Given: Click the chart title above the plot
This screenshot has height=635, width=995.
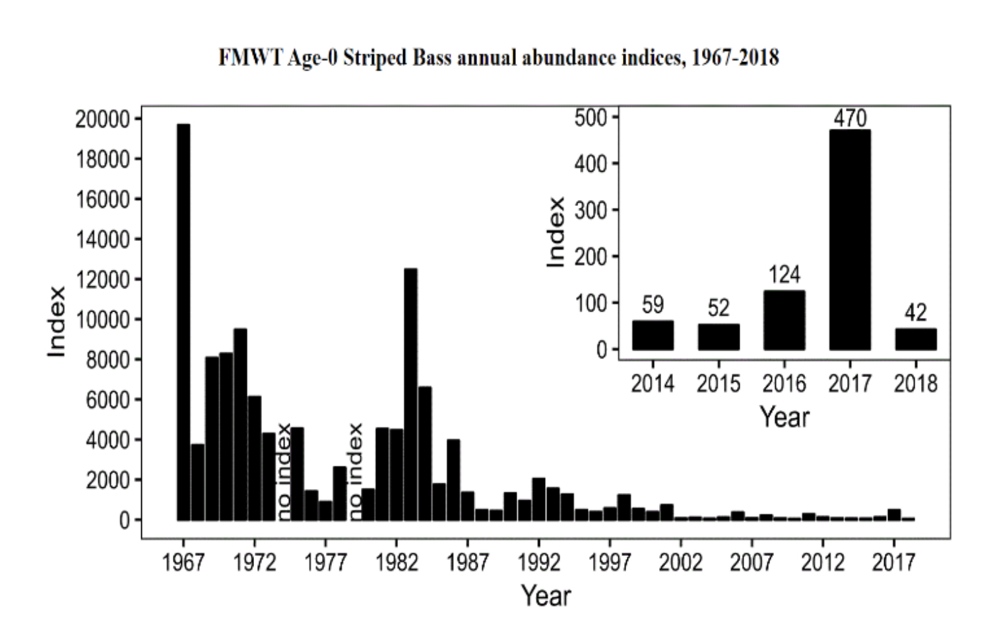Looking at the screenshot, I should coord(498,58).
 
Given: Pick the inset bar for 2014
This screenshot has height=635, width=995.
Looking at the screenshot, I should coord(653,335).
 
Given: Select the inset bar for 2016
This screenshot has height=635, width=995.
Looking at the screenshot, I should coord(784,320).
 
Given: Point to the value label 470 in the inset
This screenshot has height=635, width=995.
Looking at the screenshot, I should coord(850,118).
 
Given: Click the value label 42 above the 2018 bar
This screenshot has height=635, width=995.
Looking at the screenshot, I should coord(916,312).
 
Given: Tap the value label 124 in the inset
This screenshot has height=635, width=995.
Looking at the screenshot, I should coord(784,275).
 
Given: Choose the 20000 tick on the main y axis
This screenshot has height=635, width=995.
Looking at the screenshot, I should coord(102,119).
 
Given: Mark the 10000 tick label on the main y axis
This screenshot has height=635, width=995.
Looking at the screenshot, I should coord(102,319).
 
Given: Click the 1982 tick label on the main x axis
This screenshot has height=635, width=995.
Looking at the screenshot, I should coord(396,562).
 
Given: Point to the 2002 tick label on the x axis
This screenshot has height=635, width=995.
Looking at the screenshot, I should coord(680,562).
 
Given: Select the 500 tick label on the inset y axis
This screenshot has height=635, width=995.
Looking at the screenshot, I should coord(590,117).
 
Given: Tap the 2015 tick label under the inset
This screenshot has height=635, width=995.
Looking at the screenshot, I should coord(719,384).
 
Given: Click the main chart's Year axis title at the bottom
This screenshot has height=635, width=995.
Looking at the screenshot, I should coord(546,595).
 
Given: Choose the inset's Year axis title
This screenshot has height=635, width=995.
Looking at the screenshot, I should coord(784,417).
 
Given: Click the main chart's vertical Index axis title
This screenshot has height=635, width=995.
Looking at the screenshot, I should coord(57,321).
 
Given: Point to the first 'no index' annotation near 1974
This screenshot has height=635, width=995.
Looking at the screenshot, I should coord(284,471).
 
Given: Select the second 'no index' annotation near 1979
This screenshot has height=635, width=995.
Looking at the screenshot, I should coord(355,471).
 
